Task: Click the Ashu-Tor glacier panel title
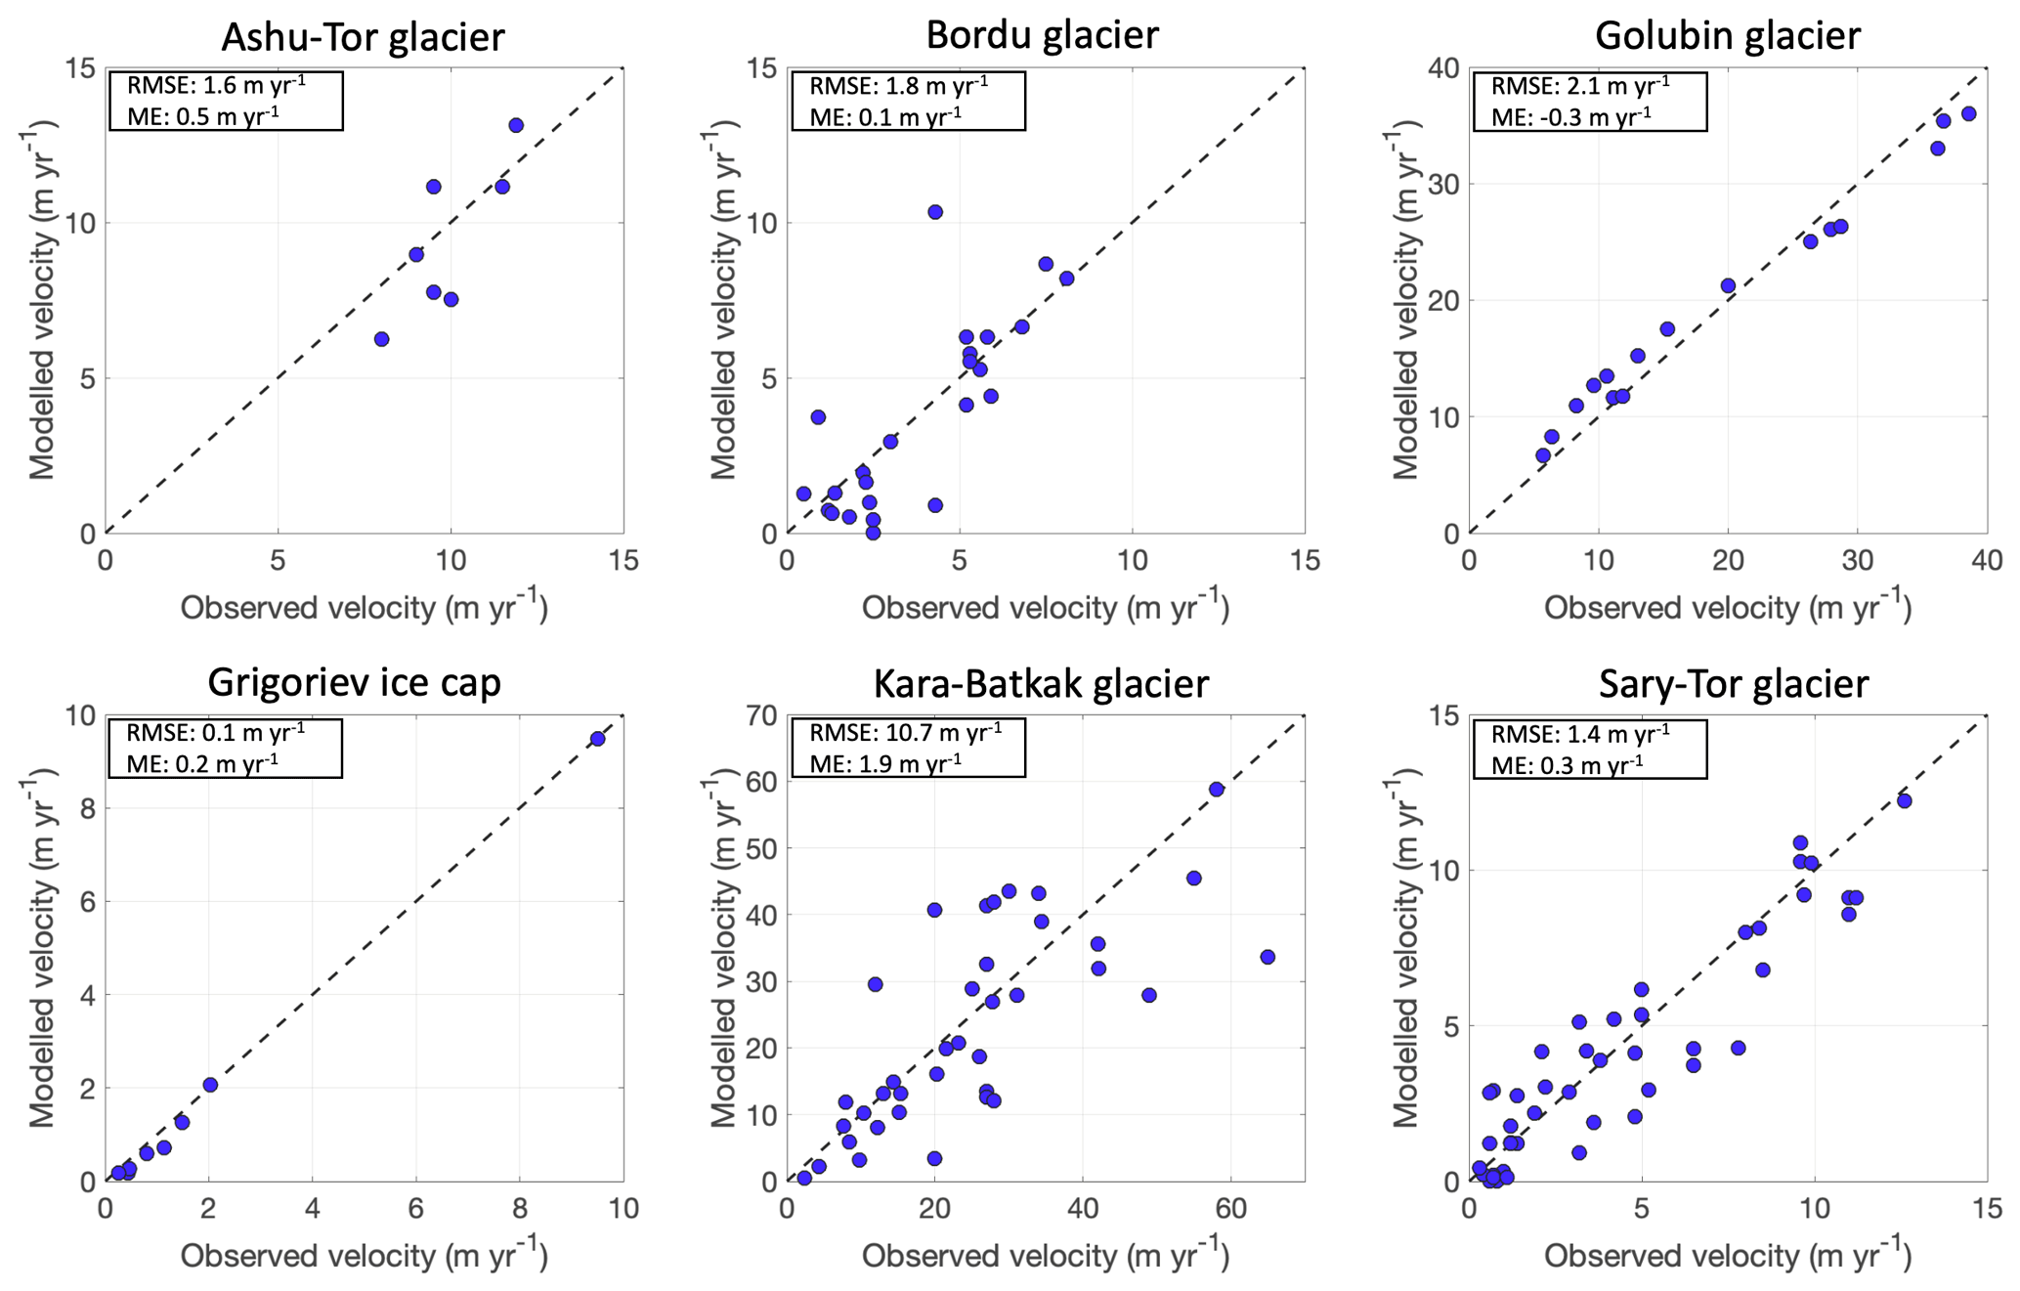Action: point(363,37)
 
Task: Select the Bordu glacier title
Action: point(1042,35)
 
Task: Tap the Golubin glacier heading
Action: point(1727,35)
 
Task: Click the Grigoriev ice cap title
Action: point(354,682)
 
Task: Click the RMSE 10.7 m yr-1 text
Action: point(905,733)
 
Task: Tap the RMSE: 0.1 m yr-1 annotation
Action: point(216,733)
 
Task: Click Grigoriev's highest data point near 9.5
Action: point(597,739)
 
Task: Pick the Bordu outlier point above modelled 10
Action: point(935,212)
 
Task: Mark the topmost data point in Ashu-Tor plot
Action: point(516,125)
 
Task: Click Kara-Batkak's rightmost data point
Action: point(1268,957)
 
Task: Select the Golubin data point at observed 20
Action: point(1728,286)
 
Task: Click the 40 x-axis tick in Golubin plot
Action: point(1987,561)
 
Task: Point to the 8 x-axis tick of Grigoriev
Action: point(520,1209)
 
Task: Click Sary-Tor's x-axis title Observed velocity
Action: point(1727,1256)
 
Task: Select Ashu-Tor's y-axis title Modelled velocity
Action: point(41,300)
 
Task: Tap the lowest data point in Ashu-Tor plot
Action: point(381,339)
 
